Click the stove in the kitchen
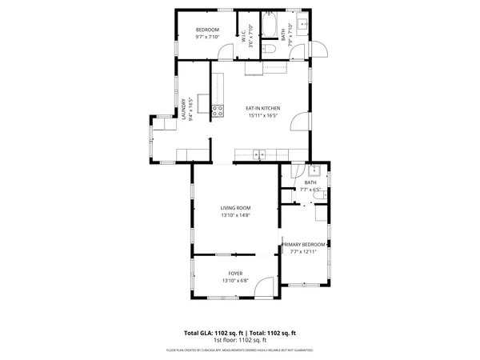coord(217,110)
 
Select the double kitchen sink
coord(258,154)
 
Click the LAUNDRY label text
coord(185,109)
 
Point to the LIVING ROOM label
coord(235,208)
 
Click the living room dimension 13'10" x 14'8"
coord(235,215)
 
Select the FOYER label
coord(235,274)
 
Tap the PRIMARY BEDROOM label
coord(305,244)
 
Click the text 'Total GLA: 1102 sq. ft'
coord(214,333)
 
